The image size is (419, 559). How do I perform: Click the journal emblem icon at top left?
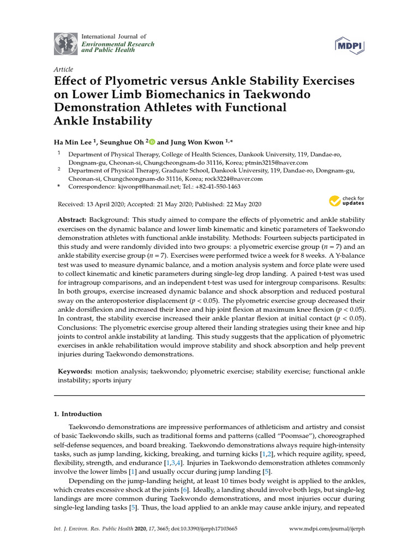tap(65, 44)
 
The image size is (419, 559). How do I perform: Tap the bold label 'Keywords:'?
tap(76, 372)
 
